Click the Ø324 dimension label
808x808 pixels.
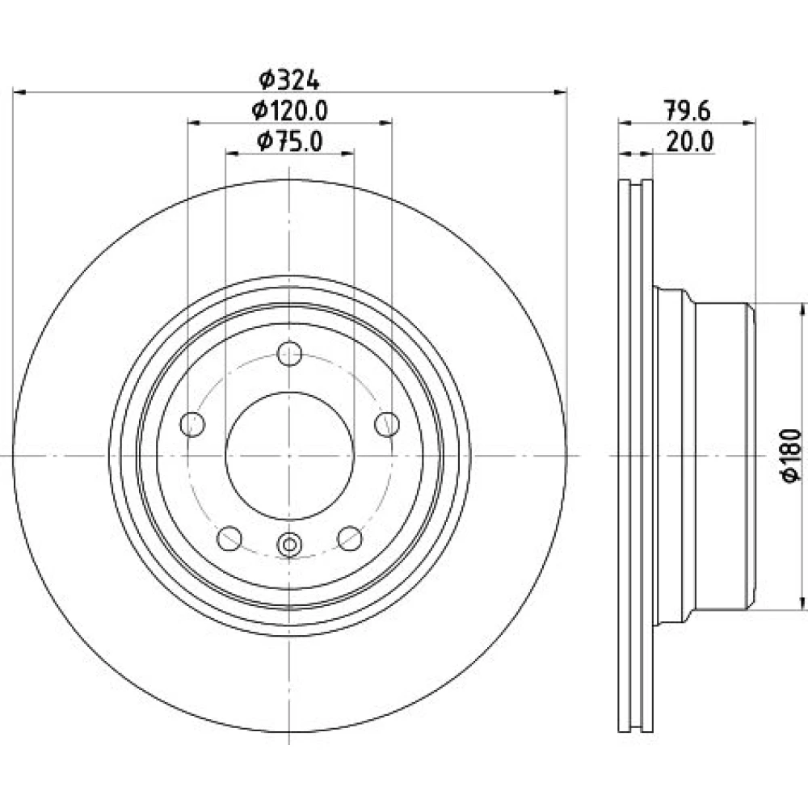[289, 80]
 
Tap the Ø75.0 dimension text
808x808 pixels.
[289, 141]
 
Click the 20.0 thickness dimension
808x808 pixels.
[690, 141]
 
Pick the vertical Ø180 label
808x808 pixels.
[792, 455]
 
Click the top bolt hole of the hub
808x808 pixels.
[289, 354]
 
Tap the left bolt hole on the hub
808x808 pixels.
[193, 424]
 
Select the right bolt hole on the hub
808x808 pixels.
[387, 424]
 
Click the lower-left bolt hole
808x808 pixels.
[229, 538]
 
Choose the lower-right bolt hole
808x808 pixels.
[350, 538]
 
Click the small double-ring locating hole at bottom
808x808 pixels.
[289, 544]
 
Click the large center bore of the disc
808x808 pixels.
[289, 456]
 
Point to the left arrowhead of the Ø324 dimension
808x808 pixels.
[19, 92]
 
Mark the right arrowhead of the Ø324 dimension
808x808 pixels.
[560, 92]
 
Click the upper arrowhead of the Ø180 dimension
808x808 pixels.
[802, 310]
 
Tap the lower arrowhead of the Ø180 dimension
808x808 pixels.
[802, 603]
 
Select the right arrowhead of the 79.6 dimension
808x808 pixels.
[749, 123]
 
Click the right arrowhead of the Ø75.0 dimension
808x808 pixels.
[347, 153]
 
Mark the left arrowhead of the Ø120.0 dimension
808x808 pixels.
[194, 123]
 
